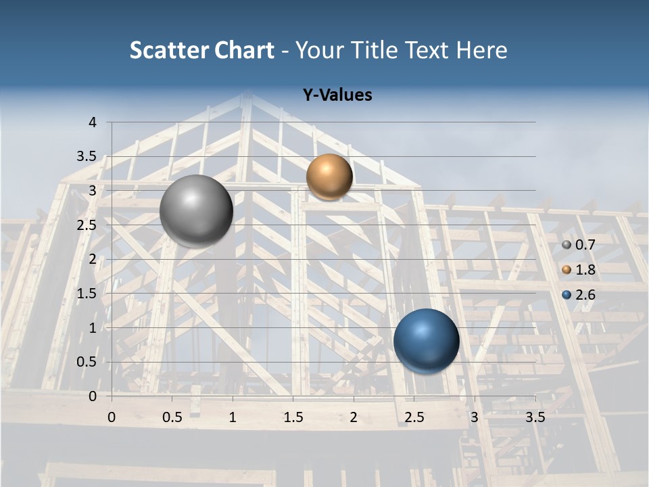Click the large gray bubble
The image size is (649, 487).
click(x=196, y=210)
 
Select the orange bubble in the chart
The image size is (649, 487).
click(x=329, y=177)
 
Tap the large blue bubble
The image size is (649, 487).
click(x=426, y=341)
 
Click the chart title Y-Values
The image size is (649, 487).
click(x=337, y=95)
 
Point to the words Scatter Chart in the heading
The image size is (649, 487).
click(x=201, y=50)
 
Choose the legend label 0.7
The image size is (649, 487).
click(x=585, y=245)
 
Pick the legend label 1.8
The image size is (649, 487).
click(x=585, y=270)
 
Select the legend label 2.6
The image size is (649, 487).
click(x=585, y=295)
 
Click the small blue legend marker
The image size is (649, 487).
click(x=567, y=295)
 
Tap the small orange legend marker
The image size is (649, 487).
click(x=567, y=270)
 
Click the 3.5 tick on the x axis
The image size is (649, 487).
click(x=535, y=417)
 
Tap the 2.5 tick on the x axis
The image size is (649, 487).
click(x=414, y=417)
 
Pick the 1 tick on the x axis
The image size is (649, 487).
click(x=233, y=417)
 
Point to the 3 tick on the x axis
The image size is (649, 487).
click(x=475, y=417)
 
